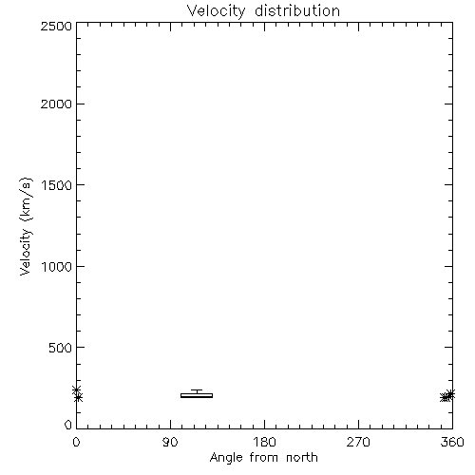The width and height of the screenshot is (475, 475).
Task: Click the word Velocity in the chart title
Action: pyautogui.click(x=216, y=11)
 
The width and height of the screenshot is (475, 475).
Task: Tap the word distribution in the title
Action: pyautogui.click(x=297, y=10)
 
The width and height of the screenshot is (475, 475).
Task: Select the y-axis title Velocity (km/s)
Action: pyautogui.click(x=26, y=226)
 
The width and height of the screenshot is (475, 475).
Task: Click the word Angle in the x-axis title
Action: pyautogui.click(x=226, y=458)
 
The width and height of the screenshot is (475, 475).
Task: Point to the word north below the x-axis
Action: pyautogui.click(x=302, y=457)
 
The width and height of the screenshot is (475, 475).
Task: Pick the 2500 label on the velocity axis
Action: pyautogui.click(x=56, y=26)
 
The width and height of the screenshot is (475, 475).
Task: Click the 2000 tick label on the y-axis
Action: pyautogui.click(x=56, y=104)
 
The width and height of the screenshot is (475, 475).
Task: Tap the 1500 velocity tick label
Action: pyautogui.click(x=57, y=185)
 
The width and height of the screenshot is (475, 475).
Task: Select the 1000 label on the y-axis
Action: pyautogui.click(x=57, y=266)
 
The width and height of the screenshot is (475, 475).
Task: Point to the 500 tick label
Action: pyautogui.click(x=61, y=348)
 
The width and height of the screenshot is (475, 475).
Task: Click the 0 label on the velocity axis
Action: pyautogui.click(x=68, y=425)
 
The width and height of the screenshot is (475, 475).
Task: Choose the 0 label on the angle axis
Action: pyautogui.click(x=76, y=442)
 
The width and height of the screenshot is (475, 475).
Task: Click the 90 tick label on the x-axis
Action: pyautogui.click(x=170, y=442)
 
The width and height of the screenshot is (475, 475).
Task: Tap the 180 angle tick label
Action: pyautogui.click(x=264, y=442)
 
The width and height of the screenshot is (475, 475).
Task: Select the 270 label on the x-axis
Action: pyautogui.click(x=358, y=442)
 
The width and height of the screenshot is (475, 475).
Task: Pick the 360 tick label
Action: pyautogui.click(x=452, y=442)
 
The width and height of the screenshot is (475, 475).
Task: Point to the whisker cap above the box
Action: pyautogui.click(x=197, y=390)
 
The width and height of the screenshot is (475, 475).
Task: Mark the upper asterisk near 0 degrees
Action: pyautogui.click(x=77, y=389)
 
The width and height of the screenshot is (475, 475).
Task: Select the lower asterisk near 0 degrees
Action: pyautogui.click(x=78, y=397)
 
